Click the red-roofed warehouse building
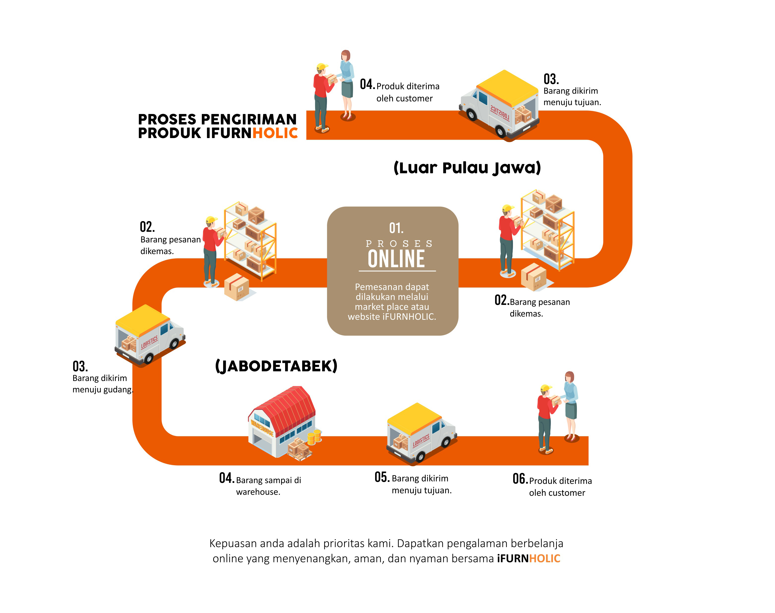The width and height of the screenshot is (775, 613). point(282,421)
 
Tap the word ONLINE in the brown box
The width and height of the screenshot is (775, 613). point(396,259)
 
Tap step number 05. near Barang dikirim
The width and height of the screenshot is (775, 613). point(382,477)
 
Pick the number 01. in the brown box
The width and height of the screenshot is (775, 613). point(396,228)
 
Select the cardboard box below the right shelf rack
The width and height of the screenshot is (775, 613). point(534,277)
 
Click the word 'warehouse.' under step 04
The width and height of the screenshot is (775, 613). point(258,492)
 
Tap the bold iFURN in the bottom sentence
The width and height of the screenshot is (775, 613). point(513,558)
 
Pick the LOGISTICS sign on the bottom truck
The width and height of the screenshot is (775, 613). point(421,440)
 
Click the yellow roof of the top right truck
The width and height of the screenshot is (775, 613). point(507,86)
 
